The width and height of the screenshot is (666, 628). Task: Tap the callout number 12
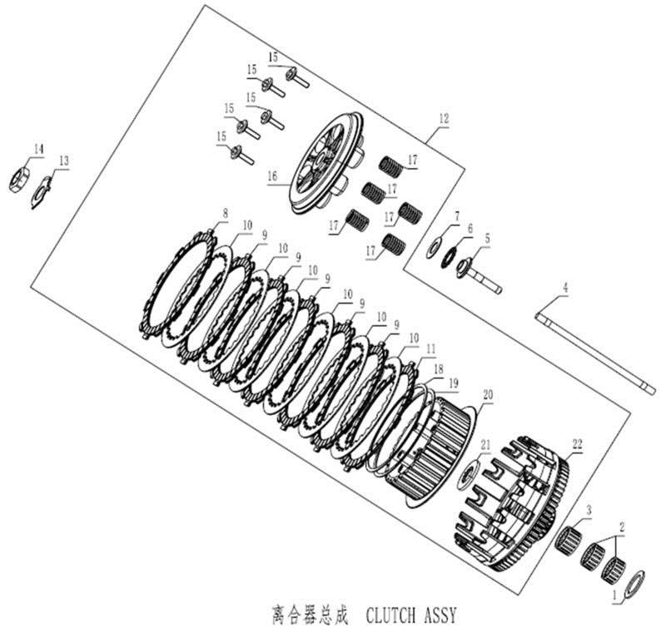coord(444,119)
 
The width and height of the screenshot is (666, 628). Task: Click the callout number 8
coord(225,214)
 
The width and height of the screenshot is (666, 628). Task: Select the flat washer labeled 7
coord(435,249)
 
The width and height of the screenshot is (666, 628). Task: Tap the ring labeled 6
coord(449,258)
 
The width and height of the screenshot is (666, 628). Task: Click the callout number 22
coord(577,445)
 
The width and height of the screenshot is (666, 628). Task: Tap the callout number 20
coord(488,395)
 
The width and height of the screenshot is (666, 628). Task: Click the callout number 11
coord(431,349)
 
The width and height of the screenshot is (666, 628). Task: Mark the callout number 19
coord(454,383)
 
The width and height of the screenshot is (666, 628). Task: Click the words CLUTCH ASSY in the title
coord(410,615)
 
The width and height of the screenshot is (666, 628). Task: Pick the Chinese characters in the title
coord(309,614)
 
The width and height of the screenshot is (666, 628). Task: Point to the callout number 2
coord(622,528)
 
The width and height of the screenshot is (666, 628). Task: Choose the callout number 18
coord(439,369)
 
